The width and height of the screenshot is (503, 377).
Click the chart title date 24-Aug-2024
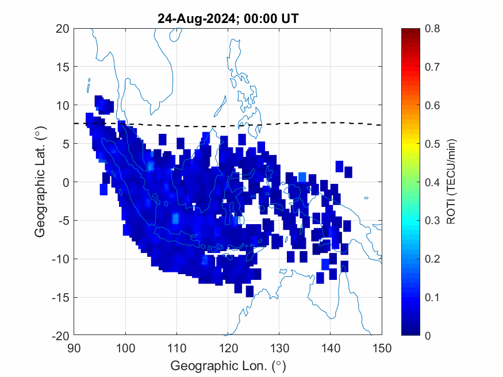click(x=196, y=19)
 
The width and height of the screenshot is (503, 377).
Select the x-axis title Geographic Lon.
click(x=228, y=366)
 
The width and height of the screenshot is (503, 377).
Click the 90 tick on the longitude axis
click(x=74, y=347)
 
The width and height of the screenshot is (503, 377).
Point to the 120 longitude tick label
click(x=228, y=347)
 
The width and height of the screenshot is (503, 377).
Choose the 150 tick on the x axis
click(x=382, y=347)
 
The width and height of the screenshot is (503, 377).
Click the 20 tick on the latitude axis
click(x=63, y=29)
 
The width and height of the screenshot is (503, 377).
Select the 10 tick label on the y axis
click(x=63, y=105)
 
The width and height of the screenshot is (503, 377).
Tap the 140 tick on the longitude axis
click(x=331, y=347)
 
